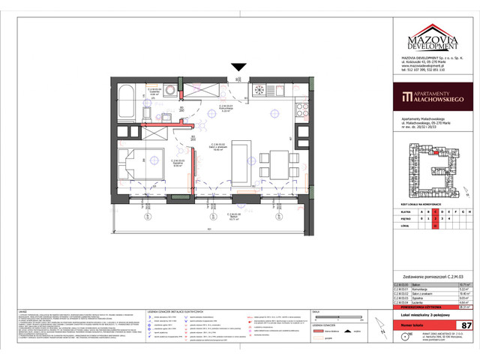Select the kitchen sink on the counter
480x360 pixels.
point(268,90)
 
